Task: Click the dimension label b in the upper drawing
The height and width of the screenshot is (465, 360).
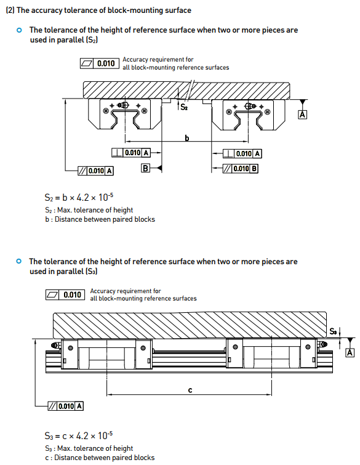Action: pos(186,138)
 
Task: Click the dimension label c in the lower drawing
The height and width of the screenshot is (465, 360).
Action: pos(190,390)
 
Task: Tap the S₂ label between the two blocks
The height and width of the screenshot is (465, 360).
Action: pos(184,107)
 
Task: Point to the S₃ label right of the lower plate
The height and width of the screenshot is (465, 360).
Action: pos(333,331)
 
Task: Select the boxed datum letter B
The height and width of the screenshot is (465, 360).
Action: pos(145,168)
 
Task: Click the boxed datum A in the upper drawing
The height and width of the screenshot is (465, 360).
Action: pos(302,115)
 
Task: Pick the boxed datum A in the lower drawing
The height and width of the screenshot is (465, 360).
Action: pos(350,353)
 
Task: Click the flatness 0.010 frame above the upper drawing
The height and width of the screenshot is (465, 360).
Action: pos(100,63)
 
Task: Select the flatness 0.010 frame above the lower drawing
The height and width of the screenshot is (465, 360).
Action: pos(65,295)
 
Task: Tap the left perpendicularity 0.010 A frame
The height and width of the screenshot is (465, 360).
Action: pos(131,153)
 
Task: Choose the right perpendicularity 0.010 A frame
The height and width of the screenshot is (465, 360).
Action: pos(242,153)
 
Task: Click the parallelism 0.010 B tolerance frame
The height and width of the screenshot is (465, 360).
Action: pos(240,168)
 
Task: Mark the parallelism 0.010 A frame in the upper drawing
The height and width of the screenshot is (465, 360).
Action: pos(95,171)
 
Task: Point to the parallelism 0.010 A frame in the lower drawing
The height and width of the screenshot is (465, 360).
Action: pos(65,406)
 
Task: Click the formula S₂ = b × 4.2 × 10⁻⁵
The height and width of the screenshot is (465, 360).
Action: pos(79,197)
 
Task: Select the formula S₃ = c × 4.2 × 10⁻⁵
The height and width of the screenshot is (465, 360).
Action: pos(79,435)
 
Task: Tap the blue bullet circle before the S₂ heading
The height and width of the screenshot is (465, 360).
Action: pos(19,30)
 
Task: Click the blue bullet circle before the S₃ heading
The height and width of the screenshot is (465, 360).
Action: pos(19,261)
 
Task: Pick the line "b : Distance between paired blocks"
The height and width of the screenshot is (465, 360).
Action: pos(100,219)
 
